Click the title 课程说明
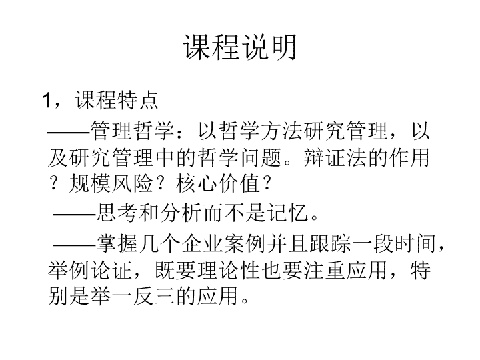click(240, 47)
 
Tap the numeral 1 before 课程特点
click(47, 100)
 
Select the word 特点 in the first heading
click(137, 100)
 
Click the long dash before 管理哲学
click(69, 133)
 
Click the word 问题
click(262, 158)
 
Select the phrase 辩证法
click(336, 158)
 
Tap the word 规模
click(89, 184)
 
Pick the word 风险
click(132, 184)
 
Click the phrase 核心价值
click(218, 184)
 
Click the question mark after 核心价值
click(267, 184)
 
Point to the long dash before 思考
click(75, 214)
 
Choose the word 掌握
click(117, 244)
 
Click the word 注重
click(325, 270)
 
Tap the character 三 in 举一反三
click(165, 296)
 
